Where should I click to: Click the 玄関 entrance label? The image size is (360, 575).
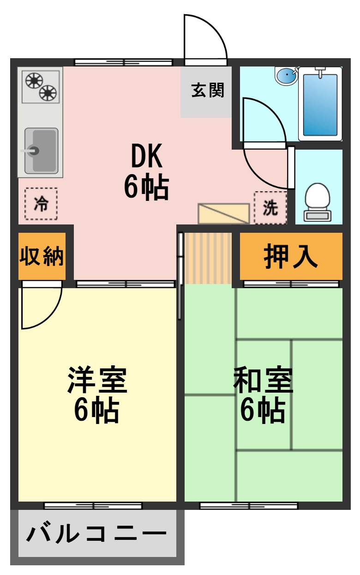[x=207, y=91]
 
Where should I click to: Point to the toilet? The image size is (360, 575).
[x=318, y=201]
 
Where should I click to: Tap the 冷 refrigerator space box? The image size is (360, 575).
[x=41, y=204]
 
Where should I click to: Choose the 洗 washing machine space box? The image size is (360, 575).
[x=270, y=208]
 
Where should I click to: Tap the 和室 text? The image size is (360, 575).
[x=263, y=380]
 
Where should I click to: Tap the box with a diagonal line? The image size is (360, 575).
[x=223, y=213]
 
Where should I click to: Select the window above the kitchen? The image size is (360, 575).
[x=123, y=62]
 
